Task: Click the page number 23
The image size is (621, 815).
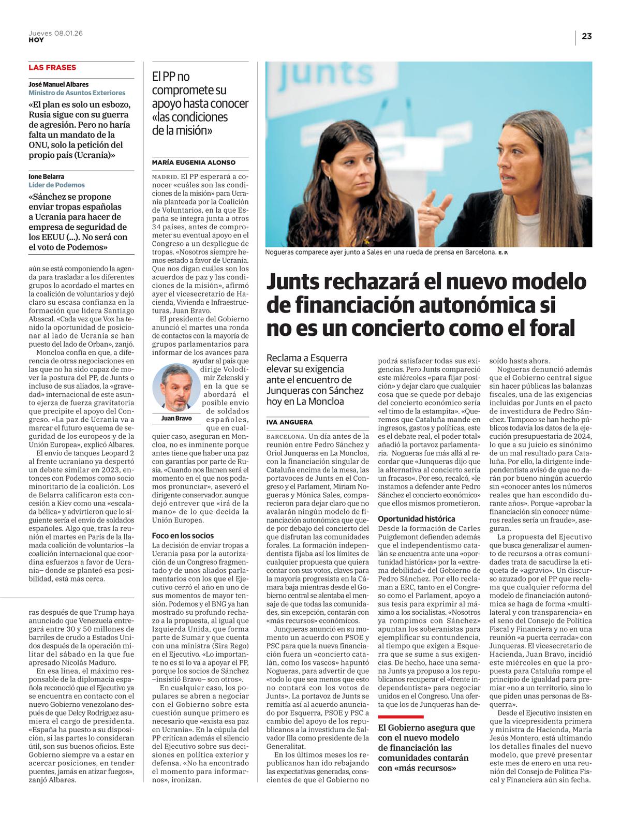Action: (586, 36)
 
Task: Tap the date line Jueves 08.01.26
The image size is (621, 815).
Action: (55, 33)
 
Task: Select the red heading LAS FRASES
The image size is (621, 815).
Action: (52, 67)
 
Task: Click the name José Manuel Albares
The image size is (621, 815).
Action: (58, 84)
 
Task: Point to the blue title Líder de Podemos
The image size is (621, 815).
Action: (56, 185)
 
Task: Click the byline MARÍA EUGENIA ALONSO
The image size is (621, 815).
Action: (194, 162)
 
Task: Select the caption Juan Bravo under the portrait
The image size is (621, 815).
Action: (176, 418)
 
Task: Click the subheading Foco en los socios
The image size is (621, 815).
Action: (183, 536)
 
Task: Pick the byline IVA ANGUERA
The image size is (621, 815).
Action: (289, 422)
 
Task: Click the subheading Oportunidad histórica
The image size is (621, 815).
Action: (417, 518)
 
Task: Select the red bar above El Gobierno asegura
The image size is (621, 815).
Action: (401, 717)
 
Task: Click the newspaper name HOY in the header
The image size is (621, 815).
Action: (36, 40)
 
